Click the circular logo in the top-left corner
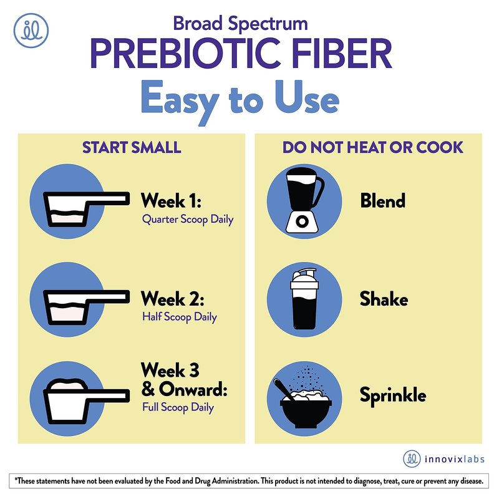[x=31, y=31]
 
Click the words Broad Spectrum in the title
[x=240, y=24]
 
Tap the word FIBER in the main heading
[x=342, y=54]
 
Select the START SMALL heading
[x=132, y=147]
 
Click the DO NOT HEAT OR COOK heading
[x=372, y=147]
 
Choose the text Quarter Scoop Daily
[x=188, y=220]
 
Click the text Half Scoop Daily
[x=180, y=317]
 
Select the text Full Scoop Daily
[x=178, y=407]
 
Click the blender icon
[x=304, y=200]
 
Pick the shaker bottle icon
[x=304, y=299]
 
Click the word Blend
[x=383, y=201]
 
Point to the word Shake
[x=384, y=299]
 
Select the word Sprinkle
[x=393, y=396]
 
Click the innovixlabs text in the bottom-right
[x=455, y=459]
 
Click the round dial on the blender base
[x=302, y=221]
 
